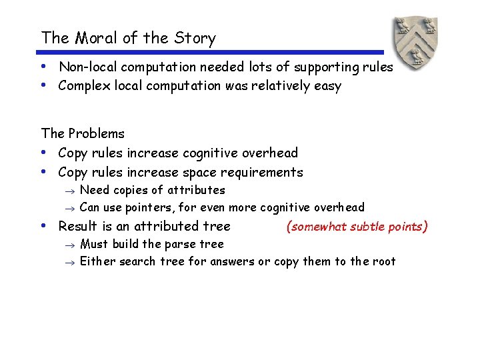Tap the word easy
[x=327, y=87]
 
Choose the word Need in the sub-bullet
[x=95, y=190]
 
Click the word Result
[x=79, y=227]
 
